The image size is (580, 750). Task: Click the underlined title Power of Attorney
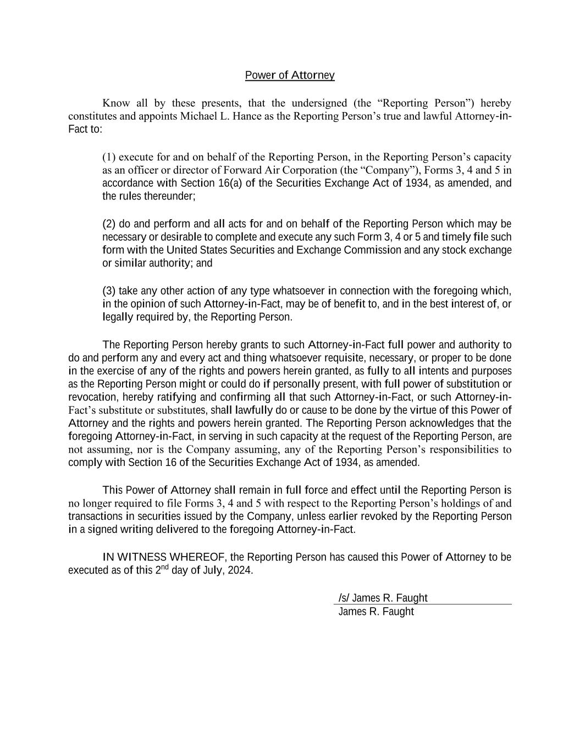290,75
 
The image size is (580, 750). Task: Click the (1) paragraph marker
109,157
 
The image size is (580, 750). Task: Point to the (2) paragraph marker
109,224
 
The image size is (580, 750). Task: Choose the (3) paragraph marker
109,291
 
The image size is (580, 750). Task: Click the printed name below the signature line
375,612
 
